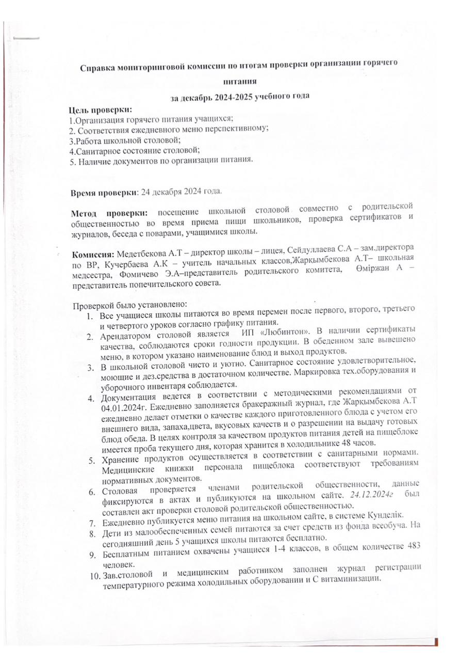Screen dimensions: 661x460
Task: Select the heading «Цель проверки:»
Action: [x=101, y=110]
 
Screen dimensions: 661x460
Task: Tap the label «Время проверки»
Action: [x=103, y=193]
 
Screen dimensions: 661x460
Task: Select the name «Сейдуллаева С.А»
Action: [x=309, y=251]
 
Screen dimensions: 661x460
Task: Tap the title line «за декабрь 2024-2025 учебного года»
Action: [x=240, y=97]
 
